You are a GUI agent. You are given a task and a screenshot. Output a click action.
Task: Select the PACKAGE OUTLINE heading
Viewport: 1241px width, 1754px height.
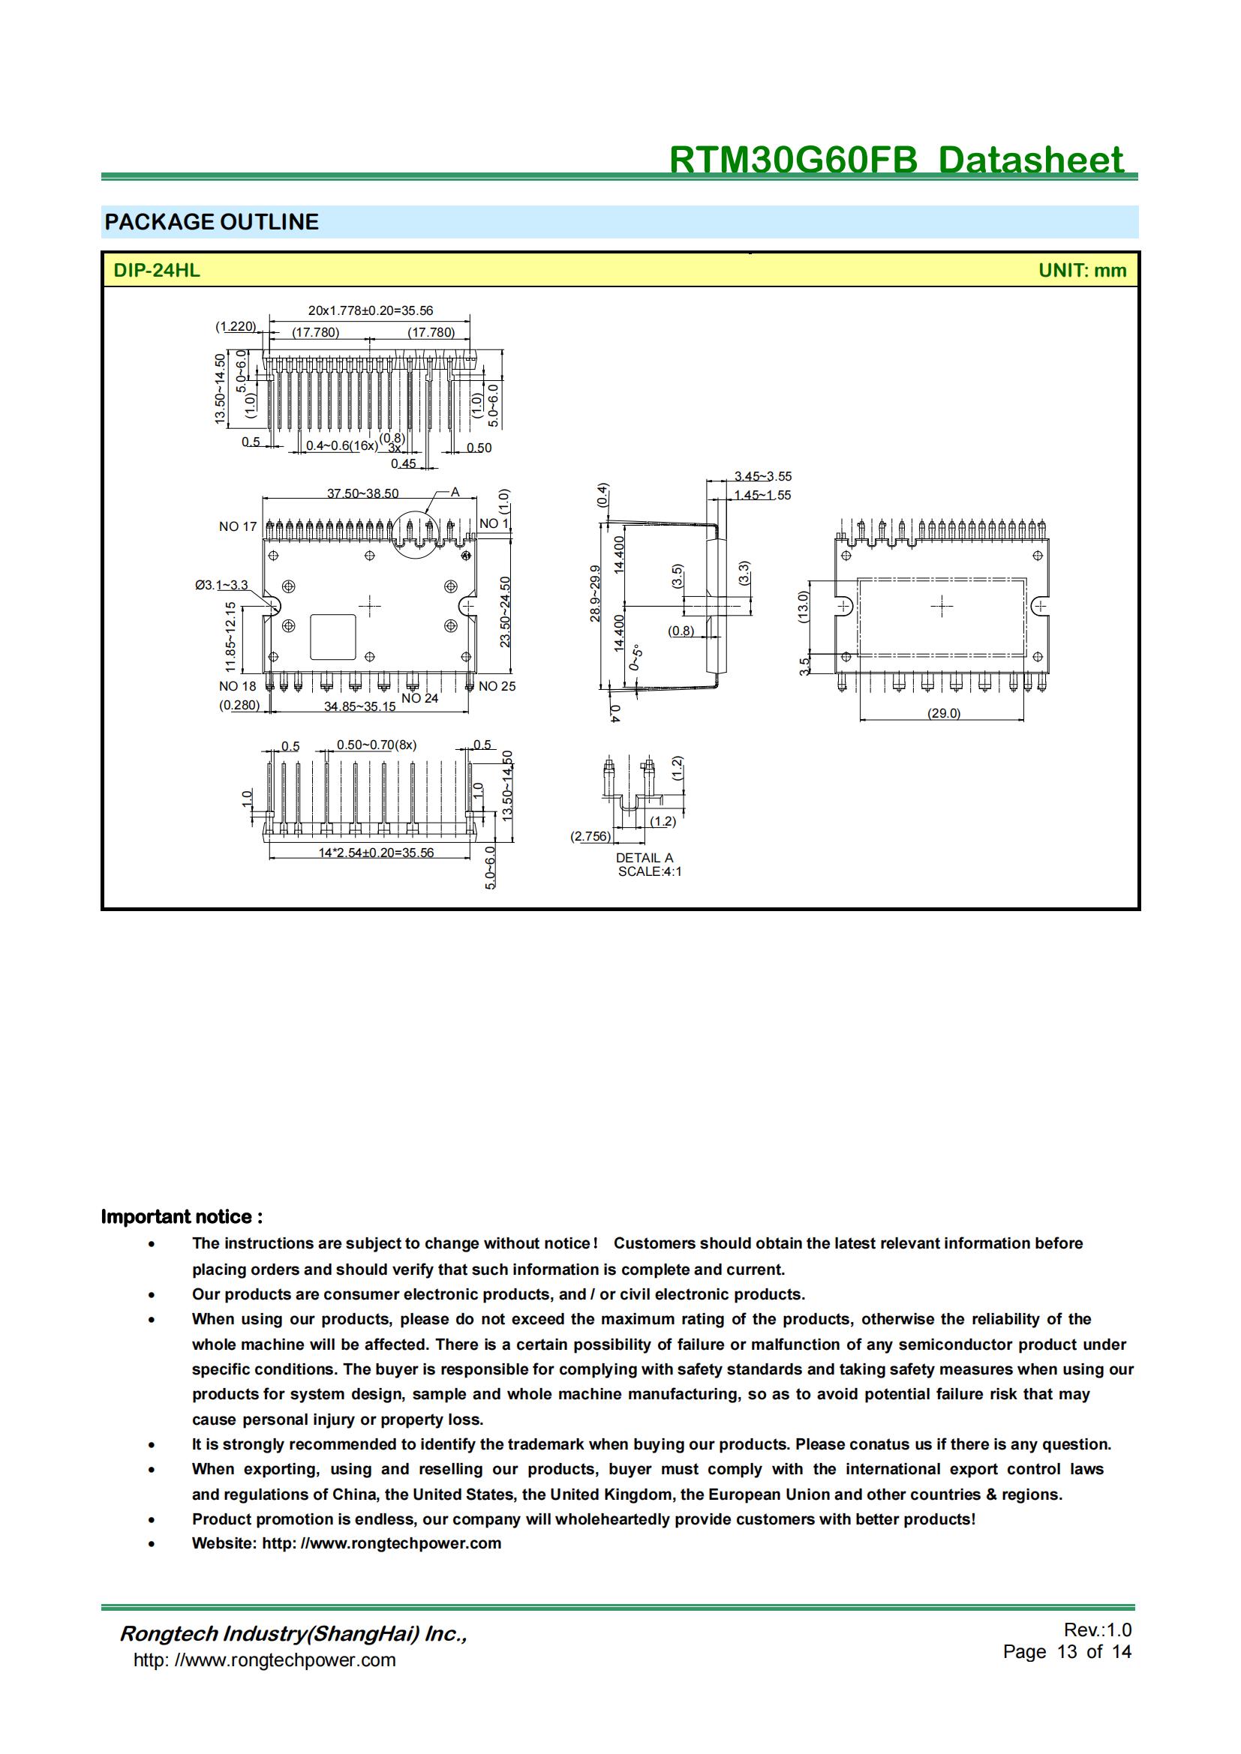212,222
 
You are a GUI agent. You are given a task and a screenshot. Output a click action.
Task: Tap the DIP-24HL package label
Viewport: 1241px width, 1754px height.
157,271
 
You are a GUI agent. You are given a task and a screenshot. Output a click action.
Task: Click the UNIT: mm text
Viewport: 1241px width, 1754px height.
1081,271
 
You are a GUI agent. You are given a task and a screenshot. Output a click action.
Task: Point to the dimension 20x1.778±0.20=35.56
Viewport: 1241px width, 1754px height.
370,311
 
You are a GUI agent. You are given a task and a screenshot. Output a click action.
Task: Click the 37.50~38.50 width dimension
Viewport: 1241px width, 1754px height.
362,493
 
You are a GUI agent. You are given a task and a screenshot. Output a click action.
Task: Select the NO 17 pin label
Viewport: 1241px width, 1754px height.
238,526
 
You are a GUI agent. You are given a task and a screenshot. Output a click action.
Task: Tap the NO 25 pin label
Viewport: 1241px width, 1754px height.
497,686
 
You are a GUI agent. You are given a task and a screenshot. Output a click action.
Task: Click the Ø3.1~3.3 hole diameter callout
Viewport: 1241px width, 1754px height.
221,585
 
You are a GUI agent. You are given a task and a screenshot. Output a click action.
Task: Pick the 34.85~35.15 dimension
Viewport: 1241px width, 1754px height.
360,706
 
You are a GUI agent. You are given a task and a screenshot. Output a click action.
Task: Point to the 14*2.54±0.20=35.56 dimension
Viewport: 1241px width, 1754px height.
376,853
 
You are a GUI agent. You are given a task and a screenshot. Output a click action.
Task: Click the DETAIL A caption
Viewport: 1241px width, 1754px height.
645,858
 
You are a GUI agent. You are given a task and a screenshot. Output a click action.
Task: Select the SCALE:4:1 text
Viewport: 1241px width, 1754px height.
650,871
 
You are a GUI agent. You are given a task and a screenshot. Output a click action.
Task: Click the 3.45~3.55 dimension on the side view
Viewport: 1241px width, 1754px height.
762,477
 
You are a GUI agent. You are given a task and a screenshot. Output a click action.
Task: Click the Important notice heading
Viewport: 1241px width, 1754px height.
182,1217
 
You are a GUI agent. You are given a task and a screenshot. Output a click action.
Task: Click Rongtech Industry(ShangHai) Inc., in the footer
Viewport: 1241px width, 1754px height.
293,1634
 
